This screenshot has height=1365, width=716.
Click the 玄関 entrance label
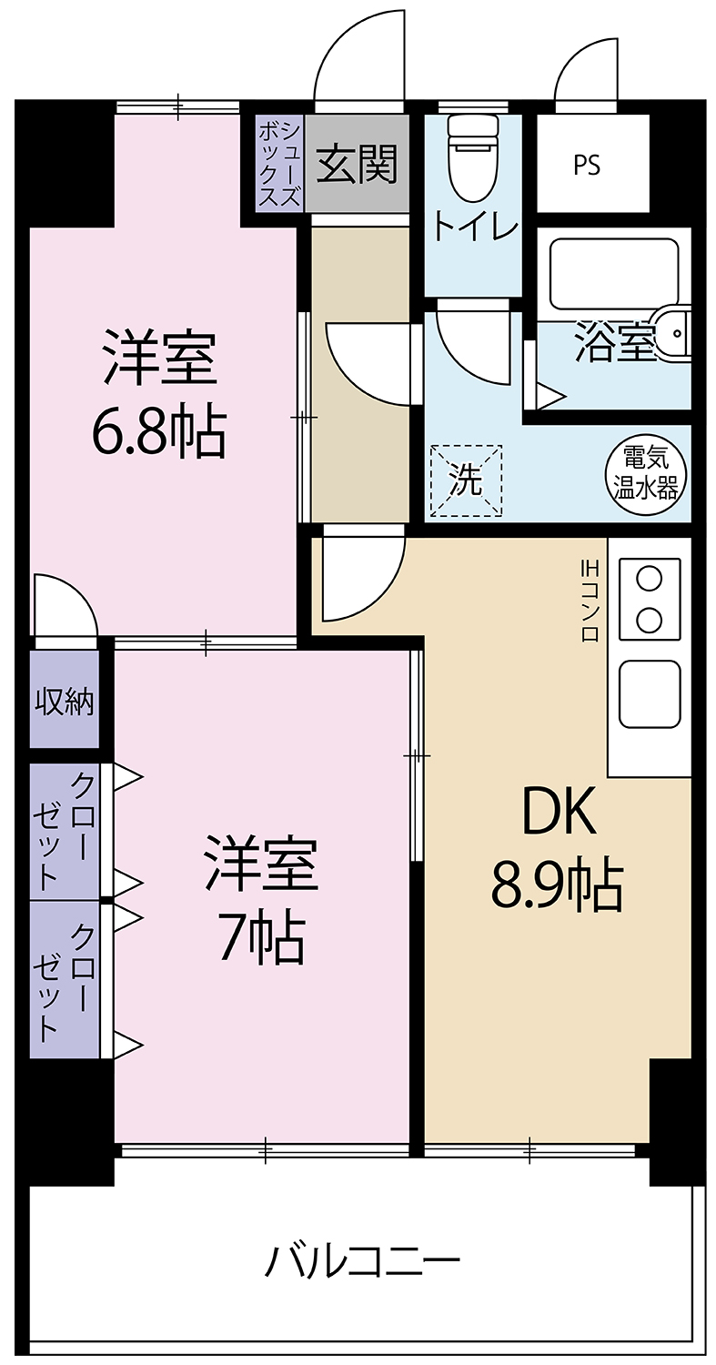point(357,164)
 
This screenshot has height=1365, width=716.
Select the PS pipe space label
point(586,165)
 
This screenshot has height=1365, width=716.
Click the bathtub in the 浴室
point(613,274)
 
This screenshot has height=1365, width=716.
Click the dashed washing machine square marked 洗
point(467,481)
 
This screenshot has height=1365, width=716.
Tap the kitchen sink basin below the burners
point(650,693)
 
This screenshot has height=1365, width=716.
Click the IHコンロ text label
point(590,601)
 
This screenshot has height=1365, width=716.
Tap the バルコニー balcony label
point(362,1259)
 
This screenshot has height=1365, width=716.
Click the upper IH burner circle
point(650,577)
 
